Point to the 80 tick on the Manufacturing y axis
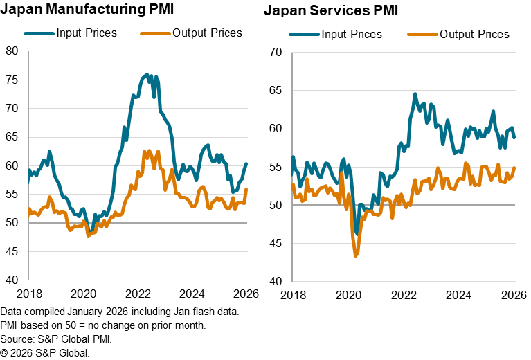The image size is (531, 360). click(x=12, y=50)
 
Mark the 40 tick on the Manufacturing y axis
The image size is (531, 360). click(x=12, y=280)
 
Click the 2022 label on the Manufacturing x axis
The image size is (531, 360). click(x=138, y=293)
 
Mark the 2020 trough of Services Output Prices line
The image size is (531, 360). click(x=356, y=256)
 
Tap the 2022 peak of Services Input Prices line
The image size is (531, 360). click(x=415, y=94)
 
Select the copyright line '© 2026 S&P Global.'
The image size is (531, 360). click(x=46, y=352)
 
